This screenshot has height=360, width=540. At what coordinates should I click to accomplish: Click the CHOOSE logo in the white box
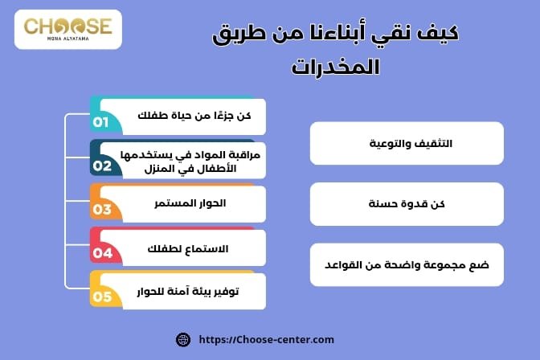pos(68,28)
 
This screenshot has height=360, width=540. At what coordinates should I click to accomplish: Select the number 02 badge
pos(102,166)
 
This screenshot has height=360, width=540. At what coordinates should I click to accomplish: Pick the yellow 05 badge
pos(102,297)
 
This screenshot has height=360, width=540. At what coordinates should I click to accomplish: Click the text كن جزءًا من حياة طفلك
pos(195,117)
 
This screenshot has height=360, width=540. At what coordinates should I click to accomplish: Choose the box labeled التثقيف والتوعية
pos(407,144)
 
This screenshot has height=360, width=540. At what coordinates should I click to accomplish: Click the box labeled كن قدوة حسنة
pos(407,204)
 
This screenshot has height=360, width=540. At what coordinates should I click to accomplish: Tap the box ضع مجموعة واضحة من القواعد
pos(407,264)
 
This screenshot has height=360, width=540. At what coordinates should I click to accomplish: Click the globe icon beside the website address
pos(183,339)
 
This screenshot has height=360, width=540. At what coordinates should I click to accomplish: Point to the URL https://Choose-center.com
pos(265,339)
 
